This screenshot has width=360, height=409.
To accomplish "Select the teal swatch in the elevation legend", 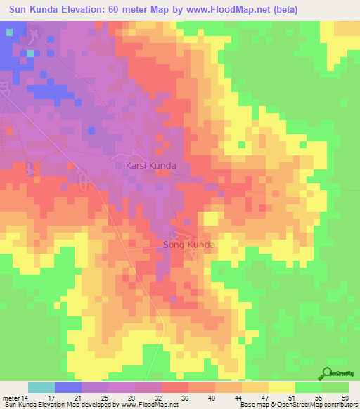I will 41,387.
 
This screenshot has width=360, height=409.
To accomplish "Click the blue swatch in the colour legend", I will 67,387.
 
